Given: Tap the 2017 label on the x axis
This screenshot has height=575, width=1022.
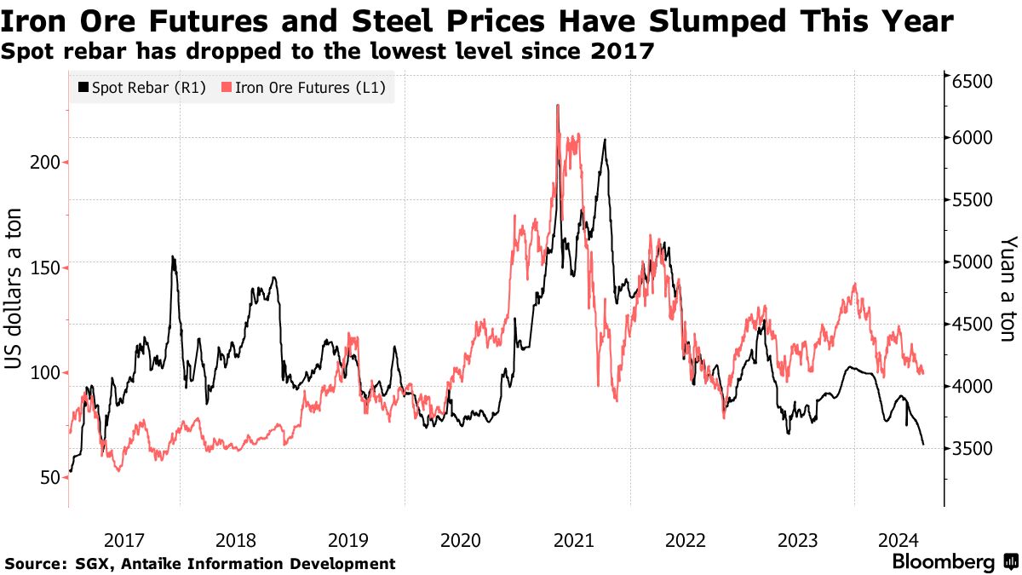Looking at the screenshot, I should click(x=123, y=540).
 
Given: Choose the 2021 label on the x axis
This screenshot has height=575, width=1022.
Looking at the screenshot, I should click(x=573, y=540).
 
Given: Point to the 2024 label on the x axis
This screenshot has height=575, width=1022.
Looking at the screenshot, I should click(x=897, y=540).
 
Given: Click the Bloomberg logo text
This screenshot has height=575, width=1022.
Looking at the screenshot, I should click(x=943, y=562).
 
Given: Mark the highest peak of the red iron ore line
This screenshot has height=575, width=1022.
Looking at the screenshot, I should click(x=557, y=106).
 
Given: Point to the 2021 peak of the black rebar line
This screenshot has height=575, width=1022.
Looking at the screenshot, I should click(x=605, y=140).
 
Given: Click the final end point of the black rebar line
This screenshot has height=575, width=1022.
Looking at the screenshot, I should click(x=923, y=444).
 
